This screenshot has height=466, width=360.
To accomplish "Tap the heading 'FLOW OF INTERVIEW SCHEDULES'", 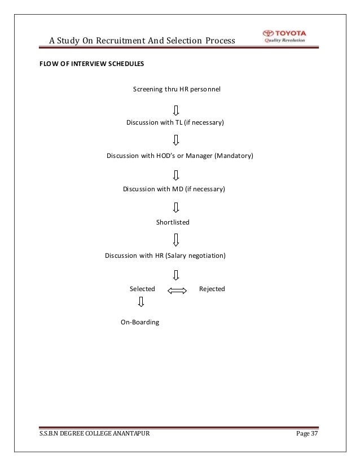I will (91, 64).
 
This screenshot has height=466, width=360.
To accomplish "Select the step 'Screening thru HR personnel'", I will (177, 89).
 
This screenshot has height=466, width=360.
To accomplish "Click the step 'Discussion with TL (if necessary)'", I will (175, 122).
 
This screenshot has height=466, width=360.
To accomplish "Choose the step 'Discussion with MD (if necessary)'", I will (174, 189).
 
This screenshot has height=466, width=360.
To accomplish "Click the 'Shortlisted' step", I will (173, 222).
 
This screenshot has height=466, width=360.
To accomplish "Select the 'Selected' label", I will (142, 289).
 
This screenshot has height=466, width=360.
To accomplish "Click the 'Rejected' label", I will (212, 289).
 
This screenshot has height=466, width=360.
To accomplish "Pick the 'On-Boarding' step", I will (140, 322).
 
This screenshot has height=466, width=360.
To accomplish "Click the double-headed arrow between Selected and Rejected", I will (177, 291).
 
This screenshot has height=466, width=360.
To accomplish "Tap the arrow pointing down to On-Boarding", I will (141, 303).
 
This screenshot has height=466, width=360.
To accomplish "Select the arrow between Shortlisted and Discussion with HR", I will (177, 240).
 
